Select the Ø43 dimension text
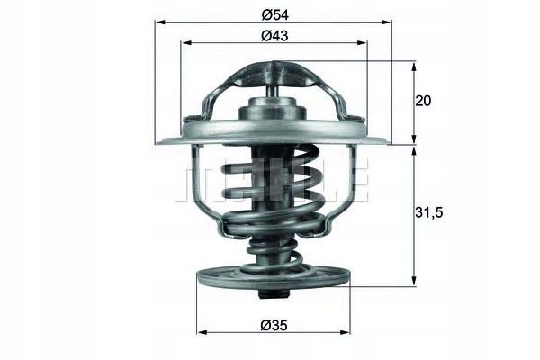point(274,35)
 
